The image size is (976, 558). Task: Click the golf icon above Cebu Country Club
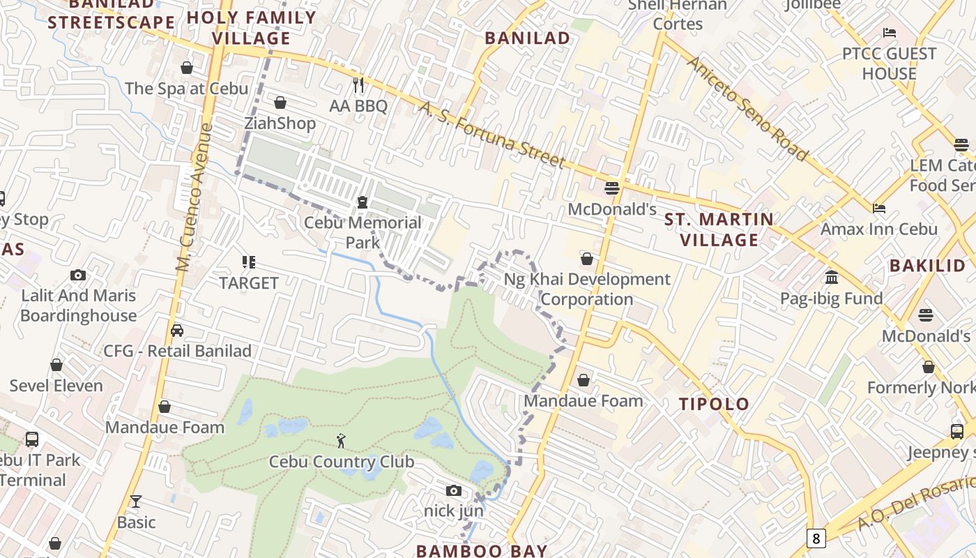coord(341,441)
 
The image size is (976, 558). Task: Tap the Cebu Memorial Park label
coord(363,232)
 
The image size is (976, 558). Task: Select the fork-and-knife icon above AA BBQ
coord(358,85)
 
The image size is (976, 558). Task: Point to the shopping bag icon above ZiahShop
coord(280,103)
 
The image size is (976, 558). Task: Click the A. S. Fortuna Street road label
coord(491,135)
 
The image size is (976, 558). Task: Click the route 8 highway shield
coord(816,538)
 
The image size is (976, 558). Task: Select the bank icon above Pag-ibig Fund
coord(831,278)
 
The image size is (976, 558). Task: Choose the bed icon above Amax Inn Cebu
coord(878,208)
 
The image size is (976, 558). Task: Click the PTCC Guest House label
coord(889,63)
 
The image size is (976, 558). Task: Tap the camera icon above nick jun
coord(454,490)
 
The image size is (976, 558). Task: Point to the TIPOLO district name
coord(715,404)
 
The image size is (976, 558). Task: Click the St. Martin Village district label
coord(719,229)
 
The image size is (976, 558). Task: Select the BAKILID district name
coord(927,265)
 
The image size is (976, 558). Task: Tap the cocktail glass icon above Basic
coord(136,502)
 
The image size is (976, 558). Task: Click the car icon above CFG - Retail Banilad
coord(177,330)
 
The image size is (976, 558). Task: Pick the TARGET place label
coord(249,283)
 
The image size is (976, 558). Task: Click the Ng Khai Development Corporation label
coord(587,289)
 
